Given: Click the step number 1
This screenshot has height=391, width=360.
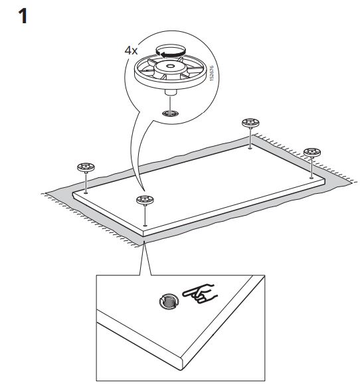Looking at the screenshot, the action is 23,17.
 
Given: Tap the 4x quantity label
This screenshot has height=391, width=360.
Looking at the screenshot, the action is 131,50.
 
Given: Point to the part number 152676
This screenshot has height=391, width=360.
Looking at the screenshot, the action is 212,73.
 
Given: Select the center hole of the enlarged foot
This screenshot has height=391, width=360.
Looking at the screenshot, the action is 170,66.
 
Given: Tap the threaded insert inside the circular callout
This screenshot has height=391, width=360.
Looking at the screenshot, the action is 171,114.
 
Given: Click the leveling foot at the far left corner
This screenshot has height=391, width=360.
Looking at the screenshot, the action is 86,167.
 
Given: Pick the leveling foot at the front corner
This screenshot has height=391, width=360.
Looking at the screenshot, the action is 145,200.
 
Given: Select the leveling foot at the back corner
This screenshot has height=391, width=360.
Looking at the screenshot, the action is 250,123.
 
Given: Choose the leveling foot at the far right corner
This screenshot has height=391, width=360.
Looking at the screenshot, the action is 312,153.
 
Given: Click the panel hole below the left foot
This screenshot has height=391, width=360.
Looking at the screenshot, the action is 86,193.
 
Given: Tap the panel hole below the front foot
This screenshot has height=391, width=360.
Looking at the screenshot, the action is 145,226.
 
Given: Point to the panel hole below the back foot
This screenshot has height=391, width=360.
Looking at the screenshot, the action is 250,148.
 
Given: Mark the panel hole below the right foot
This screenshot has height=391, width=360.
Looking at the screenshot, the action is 312,178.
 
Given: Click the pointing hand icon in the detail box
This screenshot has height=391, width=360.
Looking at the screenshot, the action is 200,294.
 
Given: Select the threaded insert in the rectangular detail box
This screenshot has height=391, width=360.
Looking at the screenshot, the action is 169,301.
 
